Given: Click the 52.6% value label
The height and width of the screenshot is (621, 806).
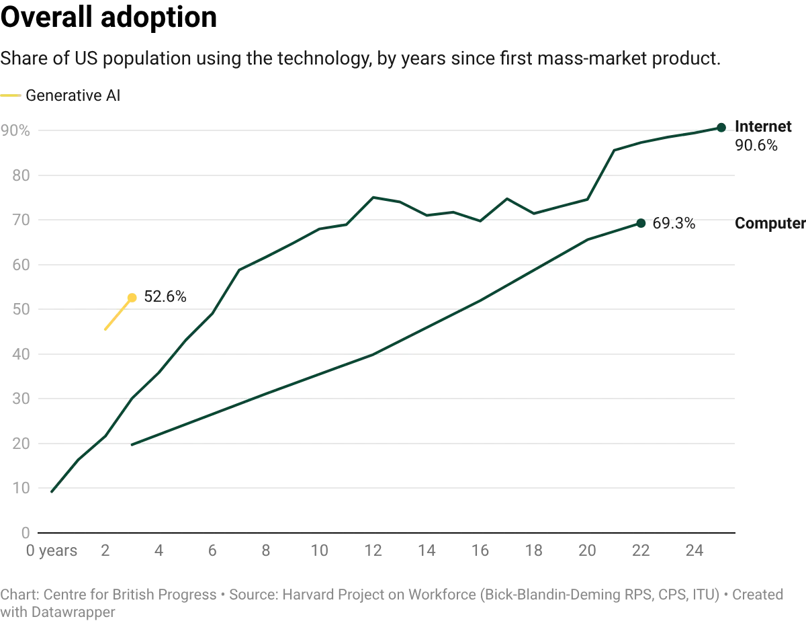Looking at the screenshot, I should click(165, 296).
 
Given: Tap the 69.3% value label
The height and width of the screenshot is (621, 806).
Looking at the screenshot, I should click(674, 224).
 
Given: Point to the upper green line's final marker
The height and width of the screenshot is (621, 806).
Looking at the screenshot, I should click(722, 127).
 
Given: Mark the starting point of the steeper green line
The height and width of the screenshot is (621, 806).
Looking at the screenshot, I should click(52, 491).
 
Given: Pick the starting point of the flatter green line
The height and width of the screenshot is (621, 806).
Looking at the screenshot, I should click(132, 444).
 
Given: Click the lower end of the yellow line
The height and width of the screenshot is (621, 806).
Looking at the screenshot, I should click(105, 330).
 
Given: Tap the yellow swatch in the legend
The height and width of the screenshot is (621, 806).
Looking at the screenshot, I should click(11, 96).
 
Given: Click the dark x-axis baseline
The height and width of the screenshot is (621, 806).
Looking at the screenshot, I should click(386, 535).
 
